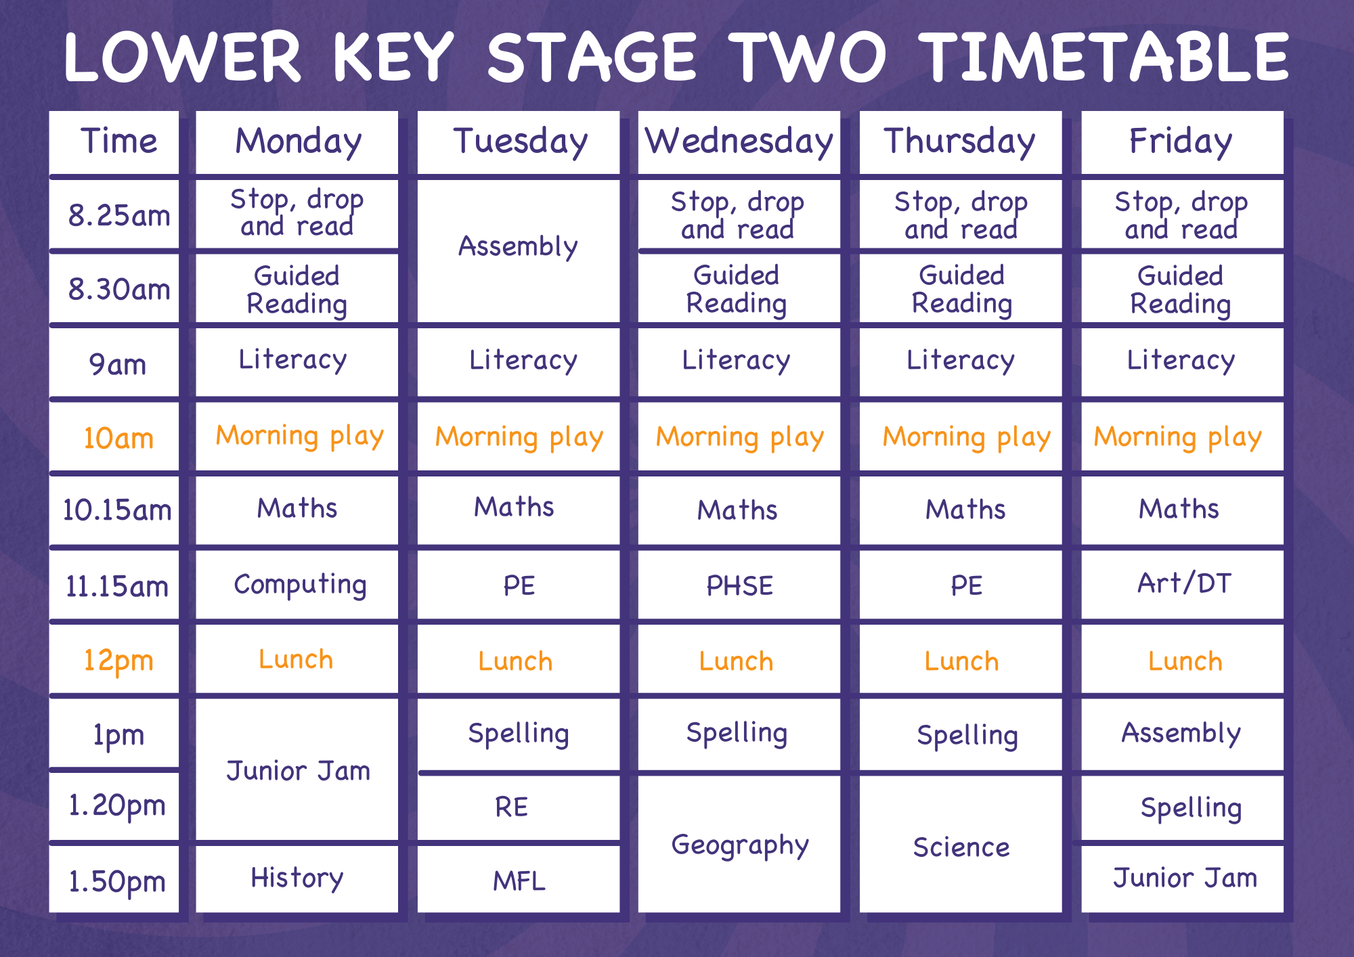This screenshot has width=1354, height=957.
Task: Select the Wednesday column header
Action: (x=739, y=142)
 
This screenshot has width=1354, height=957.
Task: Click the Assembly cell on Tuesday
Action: (x=519, y=251)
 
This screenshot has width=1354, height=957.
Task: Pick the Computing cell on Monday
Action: (x=297, y=585)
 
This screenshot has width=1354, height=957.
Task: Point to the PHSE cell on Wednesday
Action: (x=739, y=585)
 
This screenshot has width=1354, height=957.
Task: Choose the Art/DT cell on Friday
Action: (x=1182, y=585)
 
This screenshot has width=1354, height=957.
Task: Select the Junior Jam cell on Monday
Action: (x=297, y=770)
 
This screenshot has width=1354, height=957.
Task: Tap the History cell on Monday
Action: (x=297, y=879)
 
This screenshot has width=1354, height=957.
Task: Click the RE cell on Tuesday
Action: (x=519, y=808)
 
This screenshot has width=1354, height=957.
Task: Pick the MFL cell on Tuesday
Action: (x=519, y=879)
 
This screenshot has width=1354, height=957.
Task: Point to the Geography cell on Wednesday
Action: (x=739, y=844)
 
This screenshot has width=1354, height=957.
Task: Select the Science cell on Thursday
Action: (x=961, y=844)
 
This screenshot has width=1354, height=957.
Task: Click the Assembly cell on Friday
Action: (x=1182, y=734)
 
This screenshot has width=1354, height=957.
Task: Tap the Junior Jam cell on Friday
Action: (x=1182, y=879)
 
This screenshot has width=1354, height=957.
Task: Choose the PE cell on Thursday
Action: (x=961, y=585)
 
